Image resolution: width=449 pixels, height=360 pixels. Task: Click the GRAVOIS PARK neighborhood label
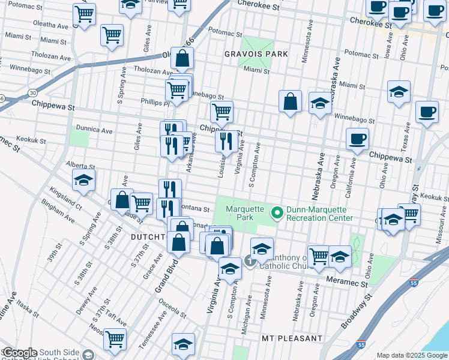(x=256, y=54)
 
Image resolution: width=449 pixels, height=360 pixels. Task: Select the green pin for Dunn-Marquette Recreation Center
(x=277, y=212)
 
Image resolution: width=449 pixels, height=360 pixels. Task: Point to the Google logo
(x=19, y=353)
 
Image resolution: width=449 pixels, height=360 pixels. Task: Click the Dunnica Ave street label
(x=94, y=130)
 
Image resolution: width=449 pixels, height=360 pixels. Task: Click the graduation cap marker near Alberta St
(x=84, y=179)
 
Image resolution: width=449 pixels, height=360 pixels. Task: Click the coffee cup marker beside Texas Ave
(x=427, y=112)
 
